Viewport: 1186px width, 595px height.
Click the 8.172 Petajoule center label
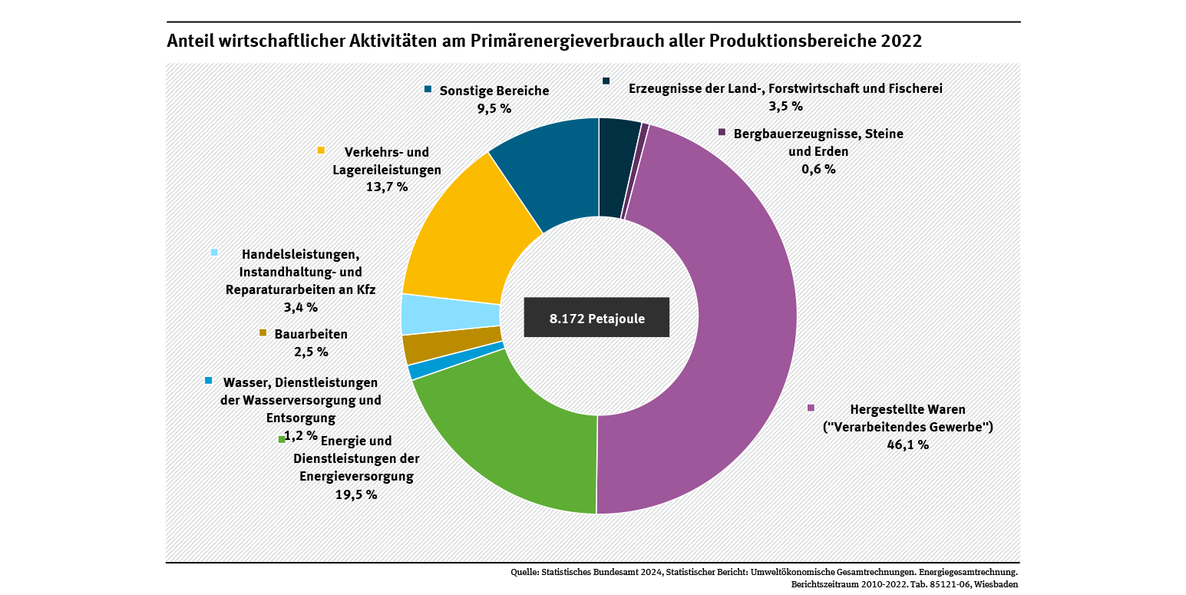coord(596,317)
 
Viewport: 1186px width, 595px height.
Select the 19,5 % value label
coord(356,494)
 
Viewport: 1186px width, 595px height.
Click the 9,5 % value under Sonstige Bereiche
coord(494,108)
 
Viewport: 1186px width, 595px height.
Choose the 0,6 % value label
coord(818,169)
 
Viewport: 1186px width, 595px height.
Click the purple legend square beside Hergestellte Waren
coord(810,408)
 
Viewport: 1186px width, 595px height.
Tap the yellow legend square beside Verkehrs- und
coord(321,150)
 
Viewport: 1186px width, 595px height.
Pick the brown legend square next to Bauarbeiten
coord(263,333)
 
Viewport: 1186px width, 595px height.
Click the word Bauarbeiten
coord(311,335)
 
